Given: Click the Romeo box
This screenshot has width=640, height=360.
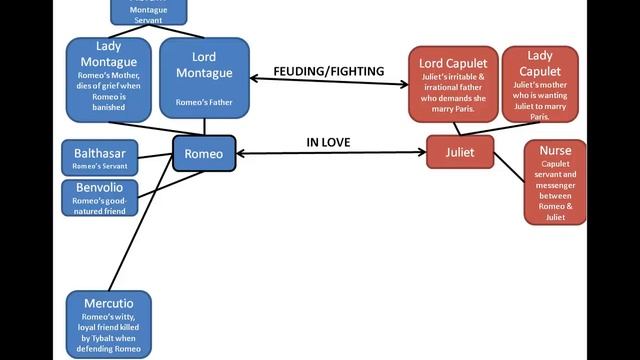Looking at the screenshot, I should click(204, 153).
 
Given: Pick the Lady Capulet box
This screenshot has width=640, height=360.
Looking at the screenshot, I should click(540, 84).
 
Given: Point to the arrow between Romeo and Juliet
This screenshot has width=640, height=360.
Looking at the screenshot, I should click(331, 154).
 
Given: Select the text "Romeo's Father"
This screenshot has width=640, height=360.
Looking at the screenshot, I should click(204, 103).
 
